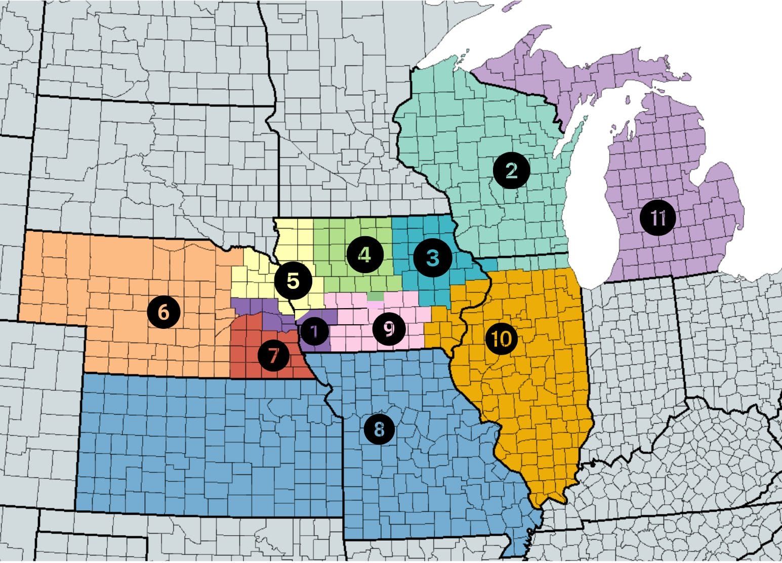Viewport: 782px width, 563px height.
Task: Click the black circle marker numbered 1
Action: [x=314, y=332]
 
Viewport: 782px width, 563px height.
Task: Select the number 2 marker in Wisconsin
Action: [x=511, y=171]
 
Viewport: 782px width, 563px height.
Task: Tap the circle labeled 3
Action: [x=432, y=257]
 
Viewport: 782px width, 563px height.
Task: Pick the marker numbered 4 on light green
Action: [x=364, y=254]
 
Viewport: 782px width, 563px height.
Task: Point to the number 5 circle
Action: [x=293, y=280]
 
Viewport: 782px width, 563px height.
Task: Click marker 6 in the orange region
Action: [x=163, y=311]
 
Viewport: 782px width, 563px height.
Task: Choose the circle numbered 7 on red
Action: [x=273, y=355]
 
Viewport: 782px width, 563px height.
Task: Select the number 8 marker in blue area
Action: [x=379, y=430]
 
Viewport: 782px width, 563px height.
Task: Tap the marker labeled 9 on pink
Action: [x=389, y=329]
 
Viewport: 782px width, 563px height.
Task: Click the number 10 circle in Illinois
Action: [x=501, y=339]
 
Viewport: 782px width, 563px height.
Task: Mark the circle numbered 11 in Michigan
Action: [x=657, y=218]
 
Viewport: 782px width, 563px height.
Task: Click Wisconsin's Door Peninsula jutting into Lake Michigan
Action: [x=576, y=133]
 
